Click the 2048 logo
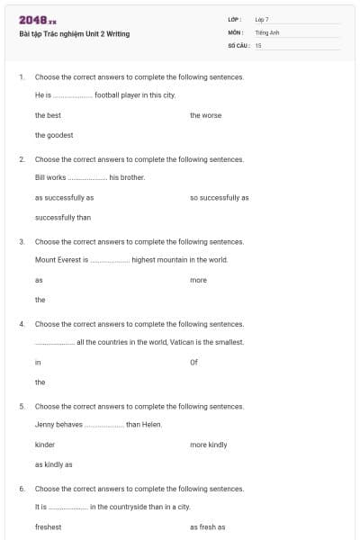[x=38, y=20]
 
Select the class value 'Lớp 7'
[x=262, y=19]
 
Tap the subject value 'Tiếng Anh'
[x=267, y=31]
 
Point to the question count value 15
[x=258, y=45]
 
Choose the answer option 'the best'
[x=48, y=115]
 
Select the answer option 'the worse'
[x=205, y=115]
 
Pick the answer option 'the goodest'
[x=54, y=135]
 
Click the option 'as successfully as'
[x=64, y=197]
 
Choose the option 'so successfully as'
[x=220, y=197]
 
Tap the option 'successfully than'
[x=63, y=217]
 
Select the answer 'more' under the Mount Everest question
[x=198, y=280]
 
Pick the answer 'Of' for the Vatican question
[x=193, y=362]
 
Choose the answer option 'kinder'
[x=45, y=445]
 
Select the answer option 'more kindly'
[x=209, y=445]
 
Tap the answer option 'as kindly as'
[x=53, y=464]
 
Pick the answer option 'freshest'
[x=49, y=527]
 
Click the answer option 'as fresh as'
[x=207, y=527]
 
